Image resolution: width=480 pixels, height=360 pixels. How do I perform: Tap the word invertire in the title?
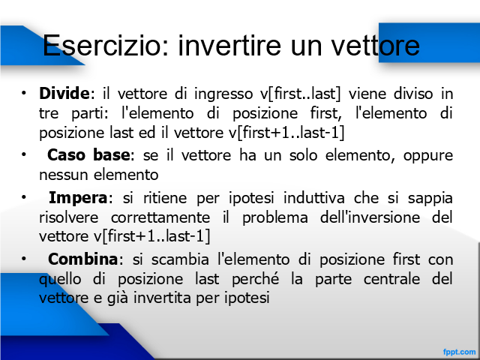(x=229, y=45)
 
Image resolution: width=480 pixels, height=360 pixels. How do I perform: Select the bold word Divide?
(x=65, y=93)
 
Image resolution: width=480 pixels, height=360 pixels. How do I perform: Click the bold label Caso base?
(x=88, y=155)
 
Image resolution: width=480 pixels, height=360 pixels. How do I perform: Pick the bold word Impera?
(x=78, y=198)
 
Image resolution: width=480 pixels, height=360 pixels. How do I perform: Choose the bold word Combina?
(x=83, y=259)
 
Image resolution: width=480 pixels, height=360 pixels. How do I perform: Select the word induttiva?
(x=314, y=198)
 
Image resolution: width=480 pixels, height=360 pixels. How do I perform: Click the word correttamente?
(x=160, y=217)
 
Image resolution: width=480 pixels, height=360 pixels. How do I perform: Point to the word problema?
(x=275, y=218)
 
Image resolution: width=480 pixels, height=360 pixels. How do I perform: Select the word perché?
(x=255, y=280)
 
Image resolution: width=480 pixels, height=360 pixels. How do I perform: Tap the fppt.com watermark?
(x=459, y=352)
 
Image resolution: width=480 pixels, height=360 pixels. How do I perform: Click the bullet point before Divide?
(x=23, y=93)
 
